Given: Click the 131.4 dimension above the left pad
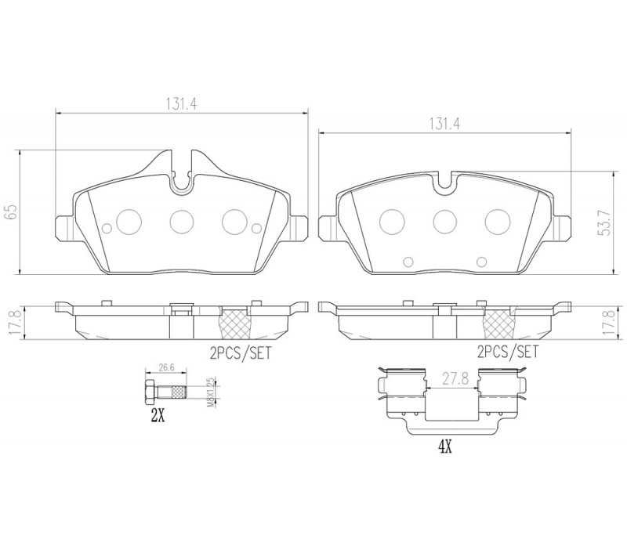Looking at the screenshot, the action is pos(182,104).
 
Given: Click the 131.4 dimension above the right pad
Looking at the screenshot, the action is pos(444,124).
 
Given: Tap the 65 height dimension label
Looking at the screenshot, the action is pos(11,212).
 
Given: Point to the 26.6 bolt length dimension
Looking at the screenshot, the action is pos(166,367).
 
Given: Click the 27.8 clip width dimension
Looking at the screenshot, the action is pos(456,378).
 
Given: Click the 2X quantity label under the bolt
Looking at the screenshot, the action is pos(158,417).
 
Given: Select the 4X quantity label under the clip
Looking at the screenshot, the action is pos(445,447).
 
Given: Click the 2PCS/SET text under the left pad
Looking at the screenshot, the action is pos(241,352).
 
